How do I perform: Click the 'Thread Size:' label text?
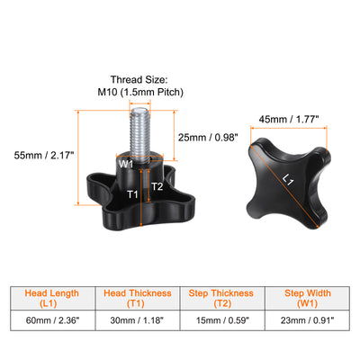click(139, 80)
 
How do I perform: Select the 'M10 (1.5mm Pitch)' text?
click(140, 92)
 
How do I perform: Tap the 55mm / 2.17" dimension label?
click(44, 156)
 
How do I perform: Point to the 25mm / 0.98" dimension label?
click(208, 138)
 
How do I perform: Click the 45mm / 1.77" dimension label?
click(289, 120)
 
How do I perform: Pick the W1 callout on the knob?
click(126, 164)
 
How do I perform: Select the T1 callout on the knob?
click(132, 194)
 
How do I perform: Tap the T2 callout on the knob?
click(157, 186)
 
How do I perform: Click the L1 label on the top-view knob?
click(288, 180)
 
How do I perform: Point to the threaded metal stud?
click(139, 135)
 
